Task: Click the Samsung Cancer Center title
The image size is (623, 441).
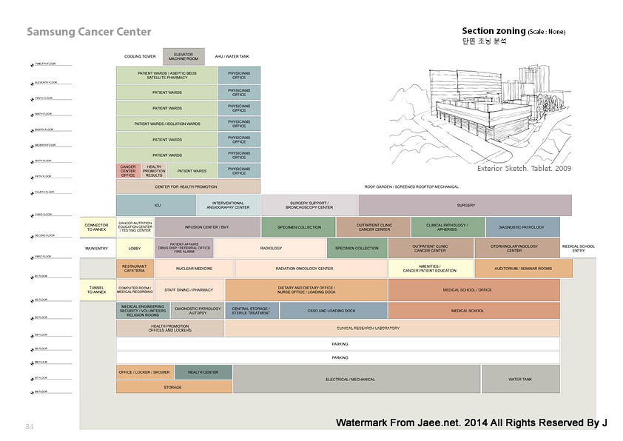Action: click(89, 32)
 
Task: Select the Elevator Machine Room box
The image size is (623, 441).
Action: click(183, 56)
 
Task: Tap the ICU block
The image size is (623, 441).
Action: click(156, 205)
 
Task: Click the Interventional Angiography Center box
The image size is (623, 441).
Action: click(229, 205)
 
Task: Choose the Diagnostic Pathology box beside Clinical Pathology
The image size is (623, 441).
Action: click(522, 227)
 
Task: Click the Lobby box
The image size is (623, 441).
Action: click(135, 249)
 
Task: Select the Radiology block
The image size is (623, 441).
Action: click(271, 249)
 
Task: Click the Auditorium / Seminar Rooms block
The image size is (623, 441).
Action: click(523, 269)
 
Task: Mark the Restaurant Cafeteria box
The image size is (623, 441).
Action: click(135, 269)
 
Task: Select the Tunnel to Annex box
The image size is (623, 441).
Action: click(96, 289)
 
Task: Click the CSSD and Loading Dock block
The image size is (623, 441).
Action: click(333, 311)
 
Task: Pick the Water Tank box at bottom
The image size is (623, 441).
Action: click(520, 379)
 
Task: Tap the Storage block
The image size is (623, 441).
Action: click(173, 387)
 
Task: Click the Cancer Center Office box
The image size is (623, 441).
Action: click(128, 171)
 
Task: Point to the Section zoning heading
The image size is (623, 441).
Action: click(494, 31)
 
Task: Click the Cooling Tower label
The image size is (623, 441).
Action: click(140, 56)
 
